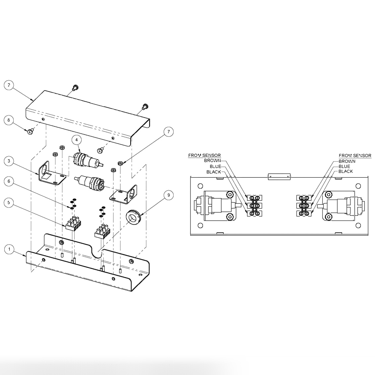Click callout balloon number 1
(x=10, y=249)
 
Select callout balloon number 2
(x=9, y=85)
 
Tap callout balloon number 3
(x=9, y=161)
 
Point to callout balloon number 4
(x=77, y=140)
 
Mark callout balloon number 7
(x=168, y=132)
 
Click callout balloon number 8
(x=9, y=120)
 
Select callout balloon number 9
(x=168, y=195)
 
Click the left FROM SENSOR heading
(x=204, y=155)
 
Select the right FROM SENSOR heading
(x=355, y=155)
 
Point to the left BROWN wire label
(x=212, y=161)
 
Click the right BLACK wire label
(x=345, y=171)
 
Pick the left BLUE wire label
(x=215, y=166)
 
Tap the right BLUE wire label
(x=344, y=166)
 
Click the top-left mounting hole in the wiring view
(x=200, y=186)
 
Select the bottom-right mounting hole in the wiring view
(x=358, y=226)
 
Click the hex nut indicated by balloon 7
(x=120, y=163)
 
